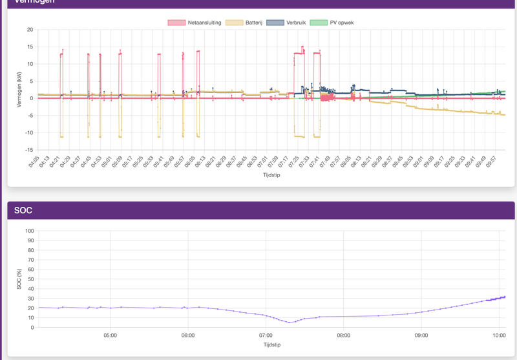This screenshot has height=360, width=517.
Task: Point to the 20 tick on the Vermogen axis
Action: (30, 30)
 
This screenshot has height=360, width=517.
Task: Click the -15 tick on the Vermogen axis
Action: (28, 150)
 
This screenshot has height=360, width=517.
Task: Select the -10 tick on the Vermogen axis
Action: (28, 133)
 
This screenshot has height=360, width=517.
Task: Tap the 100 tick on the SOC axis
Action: (29, 231)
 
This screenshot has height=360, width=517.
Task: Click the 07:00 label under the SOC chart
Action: (266, 335)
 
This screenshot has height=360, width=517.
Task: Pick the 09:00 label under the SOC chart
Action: (421, 335)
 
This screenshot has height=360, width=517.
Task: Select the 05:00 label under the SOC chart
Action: (110, 335)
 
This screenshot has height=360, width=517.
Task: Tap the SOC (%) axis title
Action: (19, 279)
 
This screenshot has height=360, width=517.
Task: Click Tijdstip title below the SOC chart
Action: (271, 345)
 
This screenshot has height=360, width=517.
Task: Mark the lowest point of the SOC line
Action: (290, 322)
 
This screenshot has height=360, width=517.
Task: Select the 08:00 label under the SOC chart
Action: (343, 335)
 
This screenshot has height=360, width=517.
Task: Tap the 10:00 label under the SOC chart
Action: (499, 335)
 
